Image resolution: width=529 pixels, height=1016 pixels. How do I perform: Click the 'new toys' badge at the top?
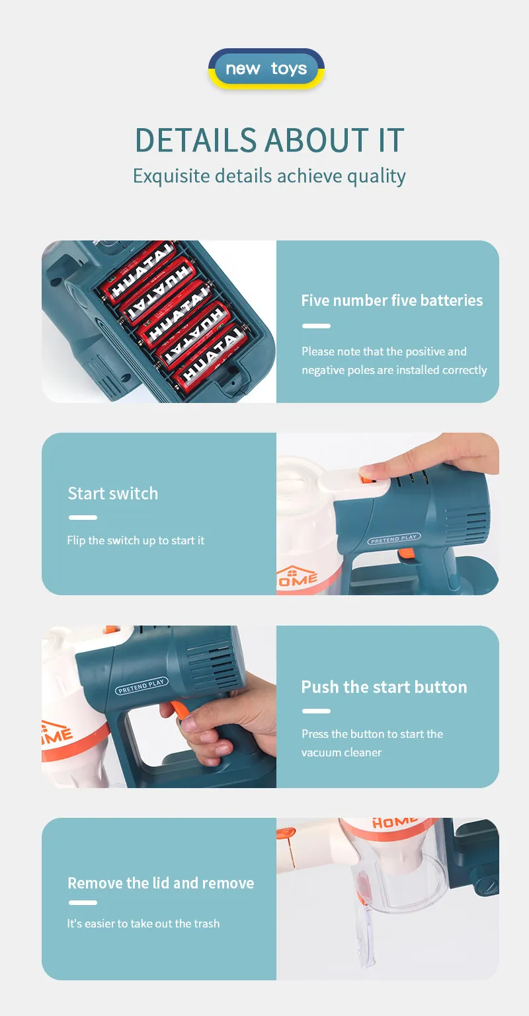(266, 69)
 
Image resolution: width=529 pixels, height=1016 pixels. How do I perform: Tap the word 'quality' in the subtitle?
(376, 176)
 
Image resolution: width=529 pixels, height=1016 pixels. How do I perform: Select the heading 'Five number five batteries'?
(392, 301)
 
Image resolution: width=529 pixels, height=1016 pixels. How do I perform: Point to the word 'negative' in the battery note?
(323, 370)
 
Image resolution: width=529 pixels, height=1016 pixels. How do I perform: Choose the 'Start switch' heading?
(113, 493)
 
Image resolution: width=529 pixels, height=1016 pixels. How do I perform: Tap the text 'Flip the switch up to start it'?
(136, 540)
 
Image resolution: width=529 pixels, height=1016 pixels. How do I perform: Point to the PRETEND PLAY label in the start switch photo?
(394, 538)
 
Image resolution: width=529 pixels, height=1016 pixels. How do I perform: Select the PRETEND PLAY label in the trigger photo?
(142, 686)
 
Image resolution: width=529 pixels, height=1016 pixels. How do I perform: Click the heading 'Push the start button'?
(384, 687)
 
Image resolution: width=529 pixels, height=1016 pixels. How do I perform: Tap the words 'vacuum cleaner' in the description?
(341, 752)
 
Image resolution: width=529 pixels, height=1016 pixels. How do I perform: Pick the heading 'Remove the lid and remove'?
(161, 883)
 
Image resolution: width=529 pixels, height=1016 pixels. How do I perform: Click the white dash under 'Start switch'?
(83, 517)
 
